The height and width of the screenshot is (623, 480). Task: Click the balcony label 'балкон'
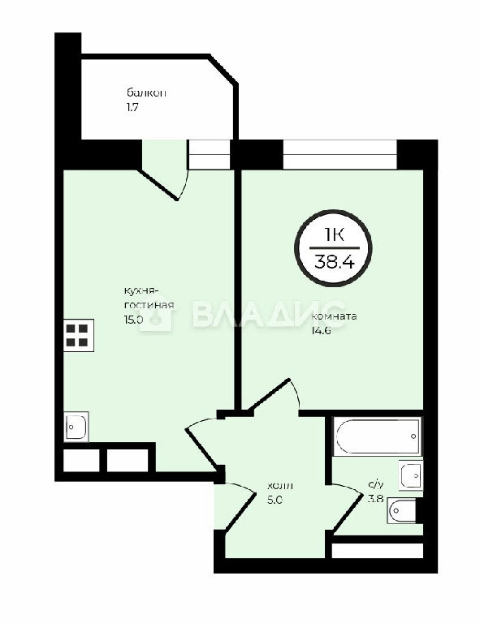pos(146,93)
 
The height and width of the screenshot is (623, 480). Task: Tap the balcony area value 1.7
pos(132,107)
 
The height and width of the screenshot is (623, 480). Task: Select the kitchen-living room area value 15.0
pos(134,320)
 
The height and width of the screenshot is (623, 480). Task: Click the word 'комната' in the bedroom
pos(334,316)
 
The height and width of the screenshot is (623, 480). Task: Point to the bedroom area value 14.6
pos(322,331)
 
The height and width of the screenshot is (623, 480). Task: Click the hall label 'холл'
pos(280,486)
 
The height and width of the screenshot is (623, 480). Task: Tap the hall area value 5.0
pos(275,500)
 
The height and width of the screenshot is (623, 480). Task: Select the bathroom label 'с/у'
pos(376,485)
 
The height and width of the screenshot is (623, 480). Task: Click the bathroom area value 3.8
pos(375,499)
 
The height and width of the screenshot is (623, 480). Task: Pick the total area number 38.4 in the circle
pos(334,262)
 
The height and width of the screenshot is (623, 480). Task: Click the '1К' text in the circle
pos(334,234)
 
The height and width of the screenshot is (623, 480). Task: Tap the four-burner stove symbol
pos(79,335)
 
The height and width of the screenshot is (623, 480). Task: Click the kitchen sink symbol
pos(76,427)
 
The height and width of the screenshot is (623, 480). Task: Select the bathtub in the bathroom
pos(376,436)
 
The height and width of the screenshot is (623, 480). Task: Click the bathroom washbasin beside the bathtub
pos(411,475)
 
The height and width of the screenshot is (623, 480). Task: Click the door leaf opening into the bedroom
pos(268,395)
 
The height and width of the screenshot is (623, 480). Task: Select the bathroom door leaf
pos(348,513)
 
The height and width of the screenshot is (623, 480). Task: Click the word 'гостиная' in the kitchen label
pos(149,306)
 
